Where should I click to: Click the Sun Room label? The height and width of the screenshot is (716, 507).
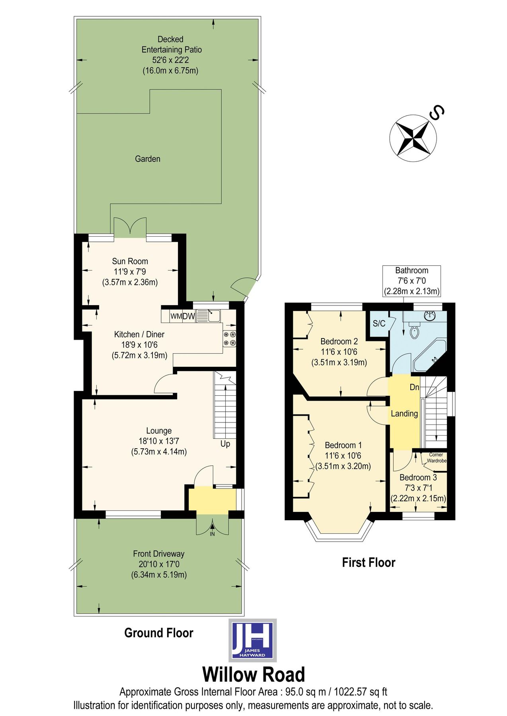coord(130,261)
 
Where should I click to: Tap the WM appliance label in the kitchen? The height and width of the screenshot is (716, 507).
coord(176,317)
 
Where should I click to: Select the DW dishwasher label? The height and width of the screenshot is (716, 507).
coord(189,317)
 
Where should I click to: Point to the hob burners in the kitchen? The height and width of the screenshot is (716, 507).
coord(230,339)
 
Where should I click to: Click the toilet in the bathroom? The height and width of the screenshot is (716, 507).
coord(414,331)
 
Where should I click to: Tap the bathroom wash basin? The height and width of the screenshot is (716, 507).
coord(430,316)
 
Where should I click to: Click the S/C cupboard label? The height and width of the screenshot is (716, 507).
coord(379,323)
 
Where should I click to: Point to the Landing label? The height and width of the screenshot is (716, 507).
coord(404,414)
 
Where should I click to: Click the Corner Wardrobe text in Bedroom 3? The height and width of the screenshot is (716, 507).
coord(436,457)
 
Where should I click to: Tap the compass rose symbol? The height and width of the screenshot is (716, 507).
coord(413,138)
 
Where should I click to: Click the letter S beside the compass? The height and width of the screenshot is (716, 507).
coord(437,113)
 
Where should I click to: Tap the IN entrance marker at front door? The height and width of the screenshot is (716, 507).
coord(212,534)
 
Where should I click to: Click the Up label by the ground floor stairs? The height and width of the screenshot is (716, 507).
coord(225,444)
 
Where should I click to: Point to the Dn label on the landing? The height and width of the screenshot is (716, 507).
coord(414,387)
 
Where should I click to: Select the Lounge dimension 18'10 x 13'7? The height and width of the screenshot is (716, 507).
coord(159,441)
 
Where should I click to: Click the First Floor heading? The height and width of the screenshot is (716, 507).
coord(369,562)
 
